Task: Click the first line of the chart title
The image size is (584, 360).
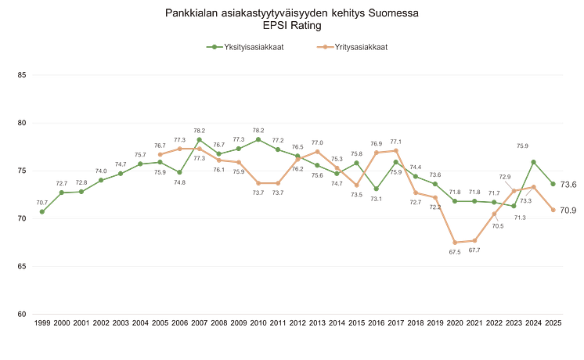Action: pos(292,13)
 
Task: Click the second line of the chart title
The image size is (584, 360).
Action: pos(292,26)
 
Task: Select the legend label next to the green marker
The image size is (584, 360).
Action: pos(251,47)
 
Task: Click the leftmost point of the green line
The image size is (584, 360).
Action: pos(41,211)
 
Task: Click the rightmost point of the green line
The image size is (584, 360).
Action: pos(554,184)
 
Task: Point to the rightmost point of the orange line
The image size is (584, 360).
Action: pos(554,210)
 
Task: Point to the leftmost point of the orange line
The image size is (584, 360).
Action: pos(160,153)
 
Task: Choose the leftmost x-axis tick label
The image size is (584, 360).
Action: pos(41,322)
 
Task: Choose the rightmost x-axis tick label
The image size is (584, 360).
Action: pos(554,322)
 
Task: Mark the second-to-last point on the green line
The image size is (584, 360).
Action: pos(534,161)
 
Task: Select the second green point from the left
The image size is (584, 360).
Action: pos(61,191)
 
